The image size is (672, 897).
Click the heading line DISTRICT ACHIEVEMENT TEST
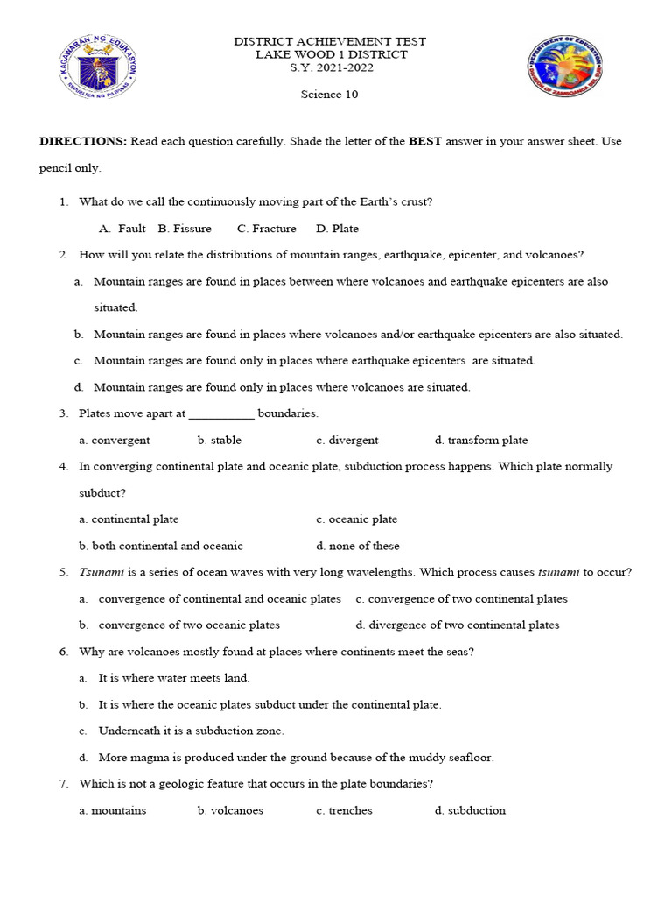coord(329,42)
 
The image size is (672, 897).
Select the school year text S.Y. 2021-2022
coord(330,68)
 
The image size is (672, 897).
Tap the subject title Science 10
coord(330,95)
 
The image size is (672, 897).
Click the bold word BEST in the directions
coord(425,141)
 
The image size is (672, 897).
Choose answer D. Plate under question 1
coord(338,229)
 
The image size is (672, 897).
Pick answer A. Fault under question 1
coord(122,229)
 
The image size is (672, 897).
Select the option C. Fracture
coord(267,229)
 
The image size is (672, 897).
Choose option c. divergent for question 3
coord(347,441)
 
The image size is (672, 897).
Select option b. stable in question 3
coord(220,441)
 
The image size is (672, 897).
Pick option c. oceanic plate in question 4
coord(357,519)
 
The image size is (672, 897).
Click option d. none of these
coord(358,546)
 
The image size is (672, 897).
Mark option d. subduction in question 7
coord(470,810)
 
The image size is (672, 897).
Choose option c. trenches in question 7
coord(344,810)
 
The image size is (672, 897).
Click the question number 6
coord(64,652)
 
